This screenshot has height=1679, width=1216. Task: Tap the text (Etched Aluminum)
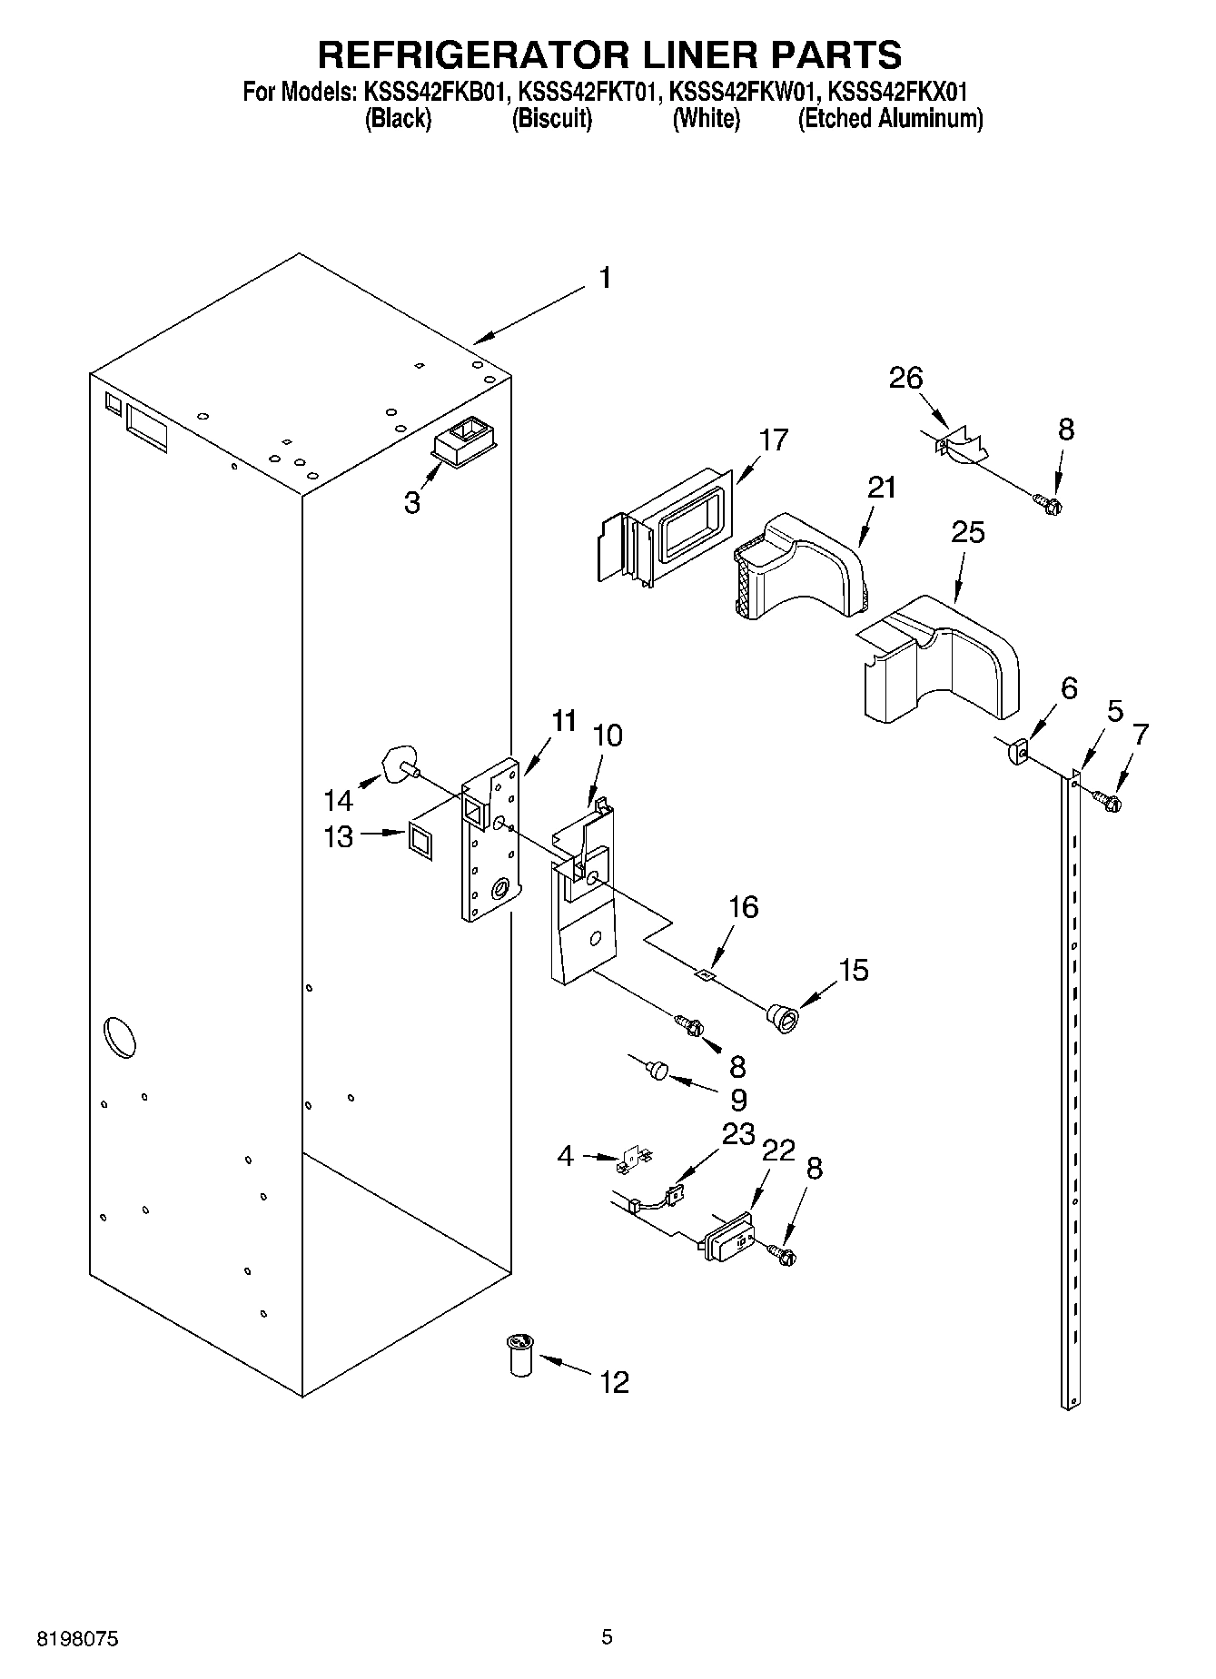click(890, 119)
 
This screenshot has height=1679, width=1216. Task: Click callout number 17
click(774, 440)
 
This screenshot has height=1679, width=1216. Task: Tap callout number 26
click(905, 378)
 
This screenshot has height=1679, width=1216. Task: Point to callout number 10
click(608, 735)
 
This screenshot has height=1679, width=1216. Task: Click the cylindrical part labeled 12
click(520, 1353)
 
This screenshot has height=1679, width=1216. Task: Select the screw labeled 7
click(1106, 800)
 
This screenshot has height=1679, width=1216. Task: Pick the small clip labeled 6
click(1017, 752)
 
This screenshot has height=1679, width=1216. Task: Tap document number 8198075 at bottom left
click(77, 1639)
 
